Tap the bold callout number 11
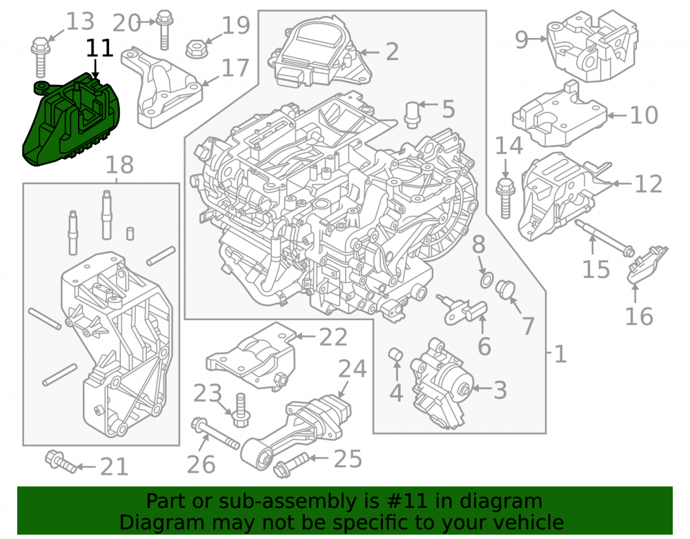coord(99,48)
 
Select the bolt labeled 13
coord(40,57)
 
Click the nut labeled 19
coord(194,49)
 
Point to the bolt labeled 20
coord(164,30)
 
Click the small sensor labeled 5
coord(411,115)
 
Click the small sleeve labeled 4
coord(395,354)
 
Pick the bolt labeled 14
coord(505,198)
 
